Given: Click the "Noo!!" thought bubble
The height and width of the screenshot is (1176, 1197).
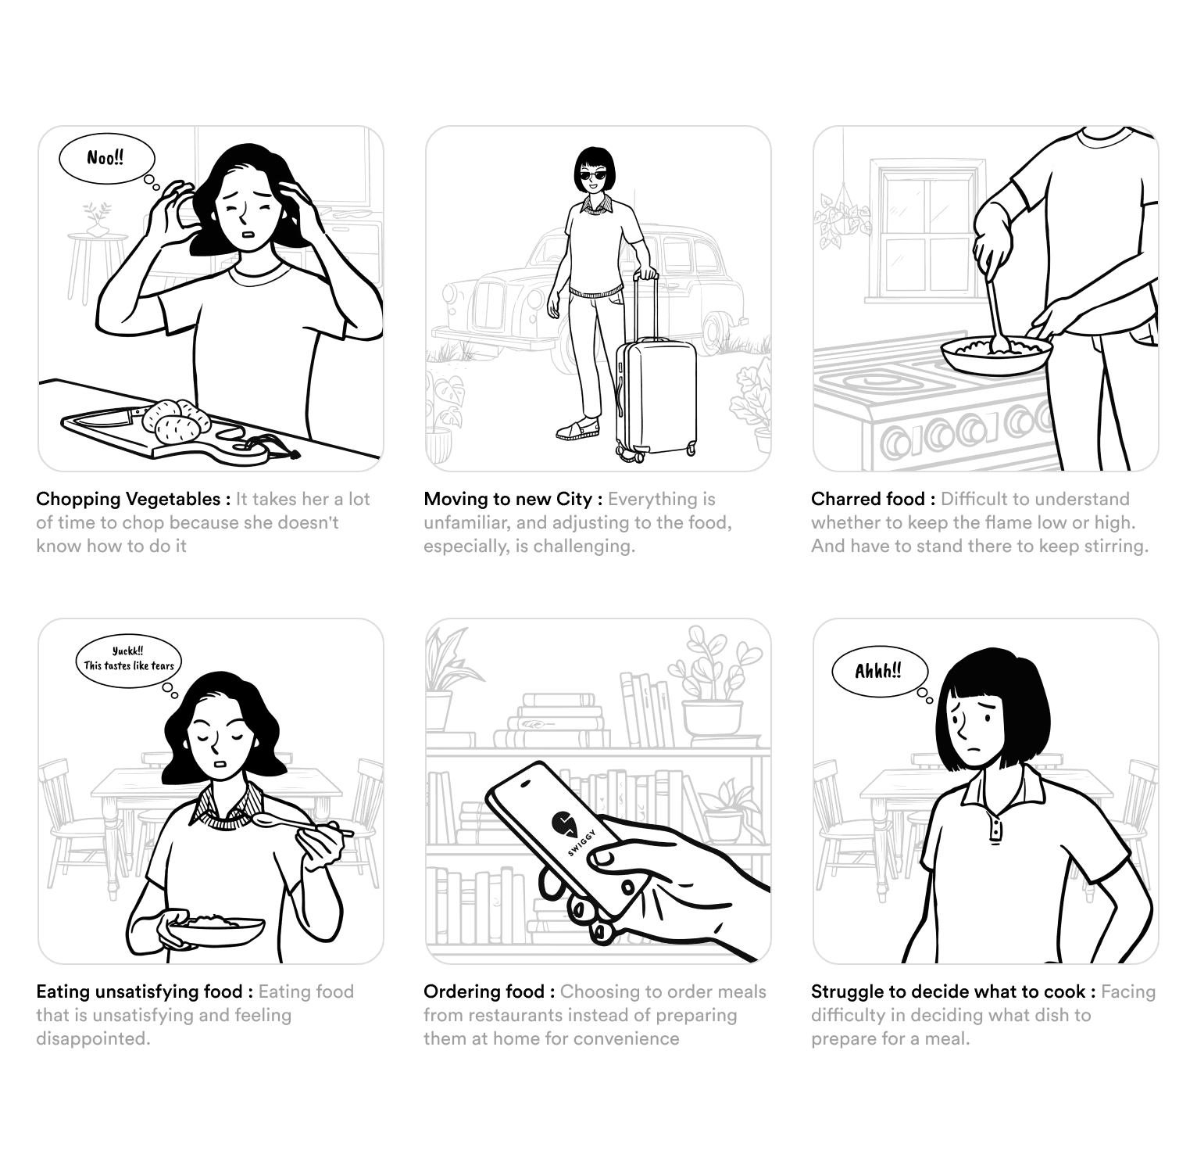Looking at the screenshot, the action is tap(105, 159).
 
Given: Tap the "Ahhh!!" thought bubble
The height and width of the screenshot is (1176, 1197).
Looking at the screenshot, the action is tap(879, 672).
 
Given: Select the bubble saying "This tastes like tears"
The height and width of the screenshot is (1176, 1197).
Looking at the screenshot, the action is tap(129, 661).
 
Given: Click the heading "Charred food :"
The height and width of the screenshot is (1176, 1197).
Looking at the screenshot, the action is tap(874, 499).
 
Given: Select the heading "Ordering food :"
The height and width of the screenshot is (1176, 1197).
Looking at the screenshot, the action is tap(489, 991).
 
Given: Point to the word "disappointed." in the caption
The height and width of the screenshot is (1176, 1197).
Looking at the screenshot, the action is tap(93, 1038).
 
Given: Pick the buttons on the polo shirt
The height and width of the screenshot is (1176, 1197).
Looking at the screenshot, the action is tap(995, 830).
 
